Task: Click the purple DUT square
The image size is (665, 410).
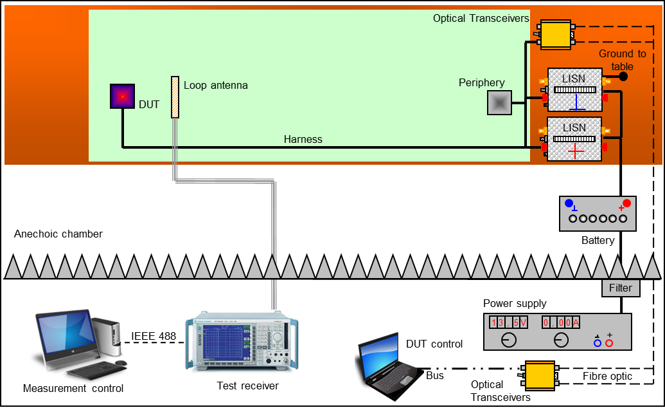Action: (122, 96)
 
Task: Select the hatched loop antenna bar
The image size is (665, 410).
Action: (174, 97)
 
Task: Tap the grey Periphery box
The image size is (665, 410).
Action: (500, 102)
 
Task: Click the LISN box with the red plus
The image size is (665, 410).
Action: (574, 139)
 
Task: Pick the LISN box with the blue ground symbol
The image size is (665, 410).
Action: (574, 90)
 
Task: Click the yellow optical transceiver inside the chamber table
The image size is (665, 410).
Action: (556, 34)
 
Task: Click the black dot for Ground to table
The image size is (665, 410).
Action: (623, 77)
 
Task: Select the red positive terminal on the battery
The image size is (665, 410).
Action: (626, 203)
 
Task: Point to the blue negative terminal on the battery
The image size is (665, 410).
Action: (569, 203)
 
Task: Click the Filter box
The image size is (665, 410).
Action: (621, 288)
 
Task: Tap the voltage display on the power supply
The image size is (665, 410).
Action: (508, 322)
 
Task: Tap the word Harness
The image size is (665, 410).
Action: (303, 139)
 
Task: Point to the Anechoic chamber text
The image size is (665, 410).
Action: (58, 234)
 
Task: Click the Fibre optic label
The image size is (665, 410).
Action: (607, 376)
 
